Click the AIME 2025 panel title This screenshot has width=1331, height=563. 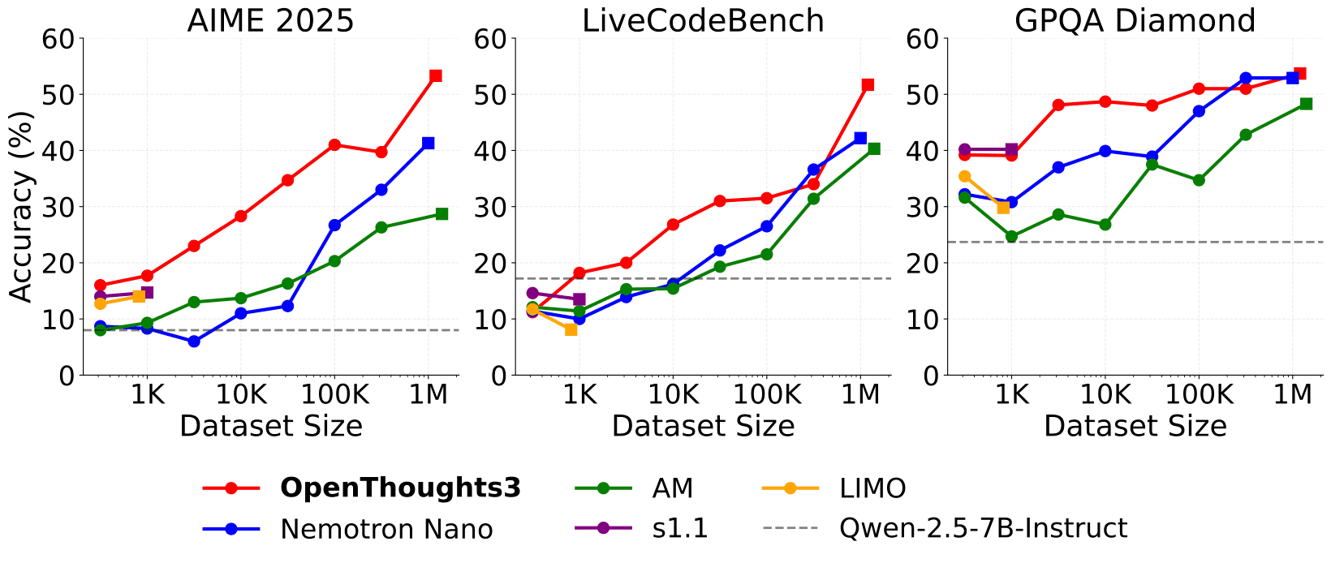[x=270, y=20]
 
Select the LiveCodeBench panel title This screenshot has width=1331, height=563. [x=703, y=20]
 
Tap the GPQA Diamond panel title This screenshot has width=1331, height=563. [x=1135, y=20]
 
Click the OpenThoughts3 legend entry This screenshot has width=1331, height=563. [x=400, y=488]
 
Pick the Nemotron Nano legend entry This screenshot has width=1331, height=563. [x=386, y=529]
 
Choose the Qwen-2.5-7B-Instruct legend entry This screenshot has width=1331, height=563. [x=983, y=529]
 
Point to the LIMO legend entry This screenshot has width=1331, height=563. [x=873, y=488]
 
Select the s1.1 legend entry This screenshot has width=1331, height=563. [x=680, y=529]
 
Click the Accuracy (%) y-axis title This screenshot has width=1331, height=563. [x=22, y=206]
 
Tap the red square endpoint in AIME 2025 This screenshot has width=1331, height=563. [x=436, y=75]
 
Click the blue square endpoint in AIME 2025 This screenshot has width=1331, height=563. [x=429, y=143]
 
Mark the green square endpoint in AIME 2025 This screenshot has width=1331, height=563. [x=442, y=214]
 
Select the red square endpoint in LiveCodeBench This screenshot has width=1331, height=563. [x=868, y=84]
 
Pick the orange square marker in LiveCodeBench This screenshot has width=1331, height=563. [x=571, y=329]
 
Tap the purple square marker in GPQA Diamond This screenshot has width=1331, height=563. [x=1011, y=149]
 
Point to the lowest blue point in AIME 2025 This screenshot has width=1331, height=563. [x=194, y=342]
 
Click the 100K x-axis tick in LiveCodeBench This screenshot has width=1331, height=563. [x=765, y=395]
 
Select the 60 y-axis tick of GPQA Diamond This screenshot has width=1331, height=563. [x=923, y=38]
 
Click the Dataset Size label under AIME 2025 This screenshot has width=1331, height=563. [x=270, y=426]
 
